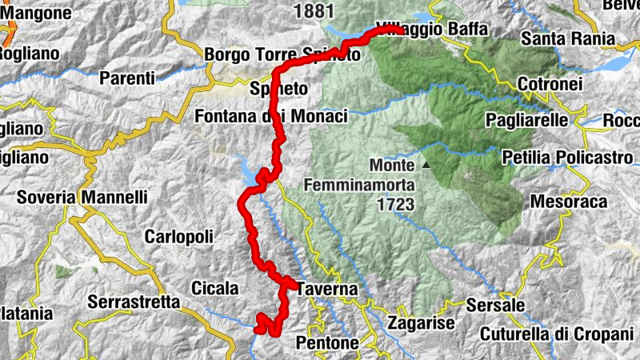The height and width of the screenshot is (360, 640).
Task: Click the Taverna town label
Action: (x=326, y=289)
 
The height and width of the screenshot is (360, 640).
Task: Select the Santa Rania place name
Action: (x=567, y=38)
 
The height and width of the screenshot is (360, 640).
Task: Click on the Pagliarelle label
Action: (x=527, y=120)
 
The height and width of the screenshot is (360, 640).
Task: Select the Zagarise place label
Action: (x=420, y=323)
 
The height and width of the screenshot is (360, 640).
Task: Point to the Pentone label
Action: (x=327, y=342)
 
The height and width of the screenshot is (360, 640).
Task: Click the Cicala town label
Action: (x=214, y=287)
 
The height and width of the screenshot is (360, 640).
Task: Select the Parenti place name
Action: (x=127, y=78)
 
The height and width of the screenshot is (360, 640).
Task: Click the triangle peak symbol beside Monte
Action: (x=426, y=166)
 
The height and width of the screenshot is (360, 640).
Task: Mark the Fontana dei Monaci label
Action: (x=271, y=117)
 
